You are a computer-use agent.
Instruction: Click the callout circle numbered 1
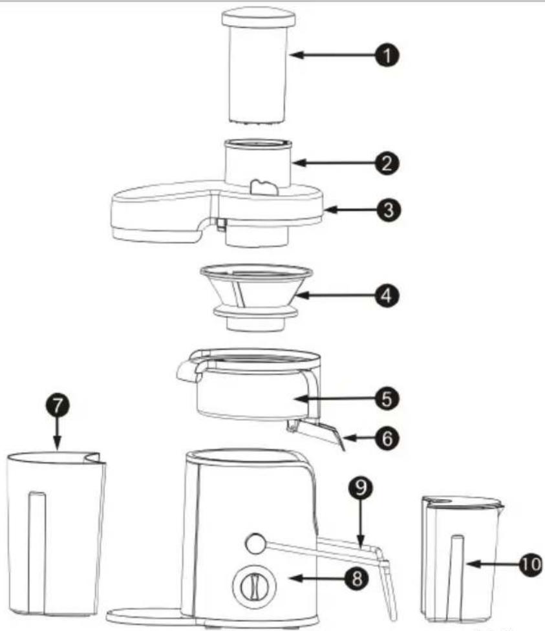click(387, 55)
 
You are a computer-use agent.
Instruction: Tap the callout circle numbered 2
click(387, 163)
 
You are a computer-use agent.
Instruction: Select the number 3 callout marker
click(389, 209)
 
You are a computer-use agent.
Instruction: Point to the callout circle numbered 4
click(387, 295)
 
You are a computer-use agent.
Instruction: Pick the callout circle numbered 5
click(387, 399)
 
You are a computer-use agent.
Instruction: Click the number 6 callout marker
click(387, 438)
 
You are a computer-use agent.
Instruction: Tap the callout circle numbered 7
click(58, 405)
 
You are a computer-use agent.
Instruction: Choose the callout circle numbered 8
click(356, 578)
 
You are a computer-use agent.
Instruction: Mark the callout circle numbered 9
click(361, 487)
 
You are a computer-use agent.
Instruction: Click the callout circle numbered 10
click(530, 564)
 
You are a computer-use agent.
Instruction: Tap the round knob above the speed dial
click(255, 544)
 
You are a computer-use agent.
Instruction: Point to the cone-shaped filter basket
click(257, 297)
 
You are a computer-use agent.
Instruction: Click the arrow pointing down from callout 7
click(58, 433)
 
